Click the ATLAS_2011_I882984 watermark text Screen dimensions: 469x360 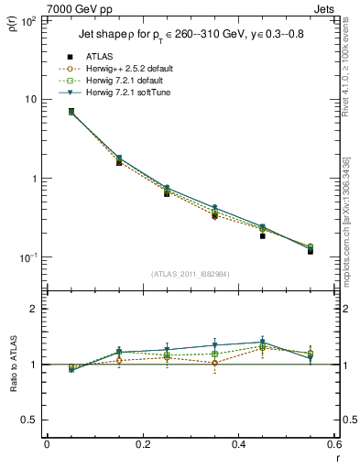pyautogui.click(x=190, y=274)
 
